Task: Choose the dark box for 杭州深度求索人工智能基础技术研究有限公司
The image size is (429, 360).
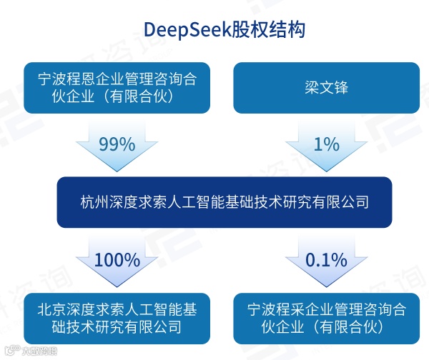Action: pyautogui.click(x=214, y=202)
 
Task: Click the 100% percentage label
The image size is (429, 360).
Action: pyautogui.click(x=117, y=259)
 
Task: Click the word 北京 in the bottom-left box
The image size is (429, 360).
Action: pyautogui.click(x=51, y=309)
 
